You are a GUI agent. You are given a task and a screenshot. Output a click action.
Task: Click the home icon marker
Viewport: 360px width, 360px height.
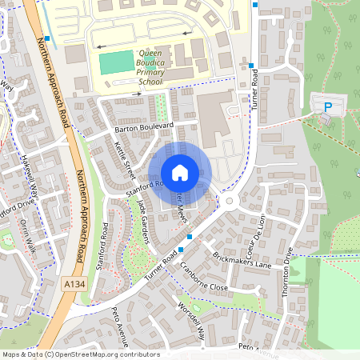coord(180,173)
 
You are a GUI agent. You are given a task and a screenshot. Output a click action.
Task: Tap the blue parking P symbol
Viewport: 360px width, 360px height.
coord(326,107)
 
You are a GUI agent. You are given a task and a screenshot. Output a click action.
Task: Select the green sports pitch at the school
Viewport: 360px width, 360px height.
coord(116,62)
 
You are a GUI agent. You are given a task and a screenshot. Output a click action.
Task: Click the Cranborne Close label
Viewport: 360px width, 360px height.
coord(204,277)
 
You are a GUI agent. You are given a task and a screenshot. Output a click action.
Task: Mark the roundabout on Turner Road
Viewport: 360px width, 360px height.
coord(230,199)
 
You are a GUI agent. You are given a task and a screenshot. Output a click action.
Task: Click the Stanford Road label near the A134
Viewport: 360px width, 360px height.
coord(102,246)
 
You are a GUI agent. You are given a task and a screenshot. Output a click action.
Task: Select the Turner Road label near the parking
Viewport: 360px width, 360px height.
coord(257,90)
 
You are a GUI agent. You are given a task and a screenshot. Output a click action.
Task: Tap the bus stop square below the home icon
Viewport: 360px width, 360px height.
coord(190,237)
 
